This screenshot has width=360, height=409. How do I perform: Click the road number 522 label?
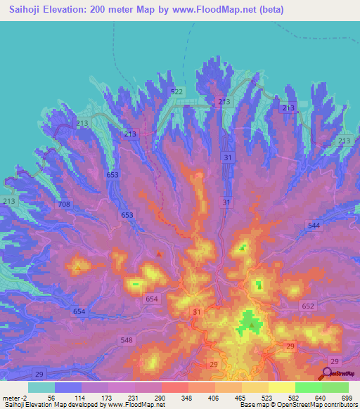point(176,92)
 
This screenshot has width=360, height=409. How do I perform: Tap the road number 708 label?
point(64,204)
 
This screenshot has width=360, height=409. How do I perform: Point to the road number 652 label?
point(308,306)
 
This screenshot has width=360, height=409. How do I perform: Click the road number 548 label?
point(127,340)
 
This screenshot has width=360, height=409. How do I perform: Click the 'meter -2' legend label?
point(14,397)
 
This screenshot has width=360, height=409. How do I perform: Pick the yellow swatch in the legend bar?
point(282,387)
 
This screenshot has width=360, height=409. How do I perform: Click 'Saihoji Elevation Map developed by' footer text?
point(46,405)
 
